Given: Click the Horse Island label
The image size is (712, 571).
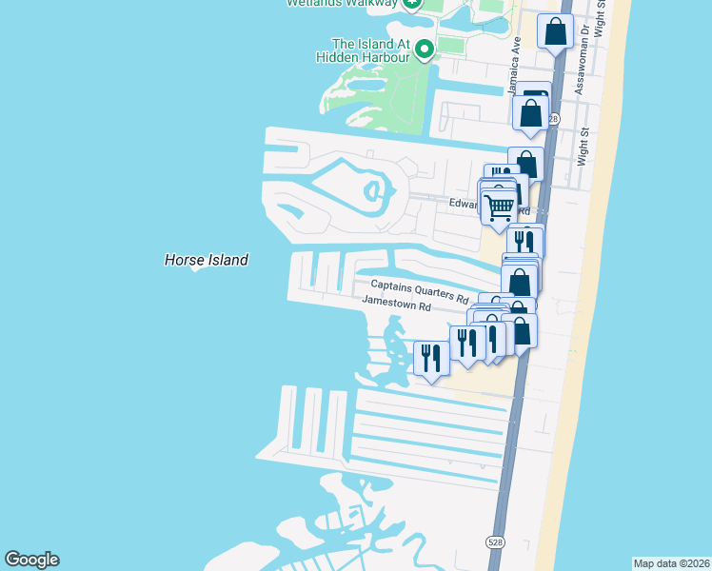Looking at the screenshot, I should tap(206, 260).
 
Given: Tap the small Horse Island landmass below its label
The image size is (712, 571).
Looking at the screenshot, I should tap(197, 269).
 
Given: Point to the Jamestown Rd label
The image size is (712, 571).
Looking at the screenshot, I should tap(396, 305).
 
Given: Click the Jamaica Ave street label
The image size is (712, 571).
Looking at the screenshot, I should tap(515, 57).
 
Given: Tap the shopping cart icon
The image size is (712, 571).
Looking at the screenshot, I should tap(498, 206).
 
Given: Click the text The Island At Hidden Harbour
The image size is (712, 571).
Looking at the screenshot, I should tap(369, 50).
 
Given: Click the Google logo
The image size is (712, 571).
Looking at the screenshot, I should tap(31, 560).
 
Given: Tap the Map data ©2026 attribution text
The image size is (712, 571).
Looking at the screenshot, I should tap(670, 563).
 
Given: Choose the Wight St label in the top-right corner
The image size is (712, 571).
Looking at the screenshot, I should tap(600, 17).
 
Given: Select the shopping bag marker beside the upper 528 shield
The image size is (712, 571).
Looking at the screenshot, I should tap(531, 113).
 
